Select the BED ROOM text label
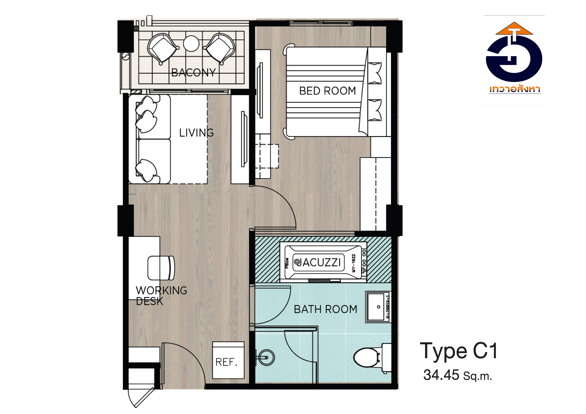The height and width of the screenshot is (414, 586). tap(327, 91)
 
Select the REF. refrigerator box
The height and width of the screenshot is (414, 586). tap(228, 360)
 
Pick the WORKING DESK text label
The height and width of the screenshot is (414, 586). tap(161, 296)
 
